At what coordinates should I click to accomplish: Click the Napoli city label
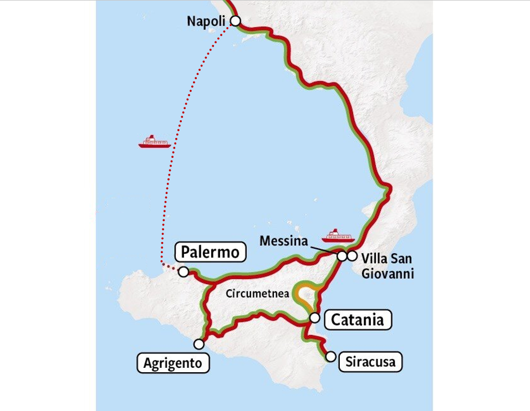(206, 22)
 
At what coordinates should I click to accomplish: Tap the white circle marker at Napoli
(235, 21)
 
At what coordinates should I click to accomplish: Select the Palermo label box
(210, 253)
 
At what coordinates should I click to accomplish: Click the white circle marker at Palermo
(184, 271)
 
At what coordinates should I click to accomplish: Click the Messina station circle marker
(342, 256)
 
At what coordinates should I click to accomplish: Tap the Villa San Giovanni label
(387, 265)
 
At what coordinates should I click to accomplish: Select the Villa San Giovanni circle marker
(352, 256)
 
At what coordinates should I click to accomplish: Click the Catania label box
(358, 320)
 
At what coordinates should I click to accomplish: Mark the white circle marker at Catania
(314, 317)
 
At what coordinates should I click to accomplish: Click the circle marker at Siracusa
(331, 357)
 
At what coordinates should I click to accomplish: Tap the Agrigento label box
(172, 363)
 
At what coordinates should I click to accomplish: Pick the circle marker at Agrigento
(198, 344)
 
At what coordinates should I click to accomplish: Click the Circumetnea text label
(258, 294)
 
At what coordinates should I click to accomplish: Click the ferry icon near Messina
(339, 235)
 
